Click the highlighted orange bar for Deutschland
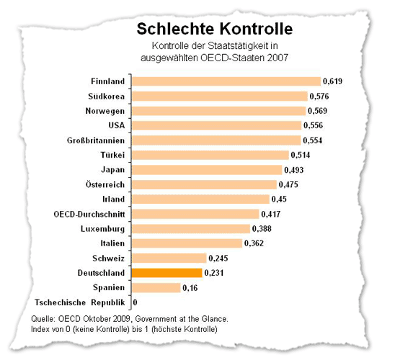(x=167, y=273)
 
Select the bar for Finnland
(x=226, y=81)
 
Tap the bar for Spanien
(x=156, y=287)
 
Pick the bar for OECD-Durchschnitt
(x=195, y=214)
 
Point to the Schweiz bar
(x=169, y=258)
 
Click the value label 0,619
(x=332, y=81)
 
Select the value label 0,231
(x=214, y=273)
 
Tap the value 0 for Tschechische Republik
(x=135, y=302)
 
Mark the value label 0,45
(x=279, y=199)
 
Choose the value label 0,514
(x=301, y=155)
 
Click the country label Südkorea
(x=106, y=96)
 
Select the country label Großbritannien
(x=96, y=140)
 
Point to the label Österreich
(x=105, y=184)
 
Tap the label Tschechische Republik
(x=79, y=302)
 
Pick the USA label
(x=117, y=125)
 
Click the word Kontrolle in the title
(x=256, y=29)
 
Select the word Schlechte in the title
(x=176, y=29)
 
